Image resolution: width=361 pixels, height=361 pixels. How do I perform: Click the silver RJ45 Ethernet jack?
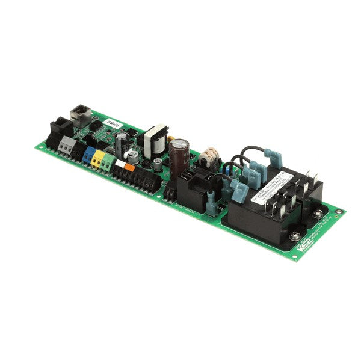(x=79, y=114)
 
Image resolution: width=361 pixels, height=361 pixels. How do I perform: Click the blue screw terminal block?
(x=90, y=155)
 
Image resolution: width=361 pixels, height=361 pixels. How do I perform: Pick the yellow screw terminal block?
(x=99, y=159)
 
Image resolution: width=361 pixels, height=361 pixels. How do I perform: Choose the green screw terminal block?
(x=108, y=162)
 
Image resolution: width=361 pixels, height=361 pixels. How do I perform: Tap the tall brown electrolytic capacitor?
(x=179, y=158)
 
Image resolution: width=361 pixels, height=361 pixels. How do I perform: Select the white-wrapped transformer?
(x=155, y=138)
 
